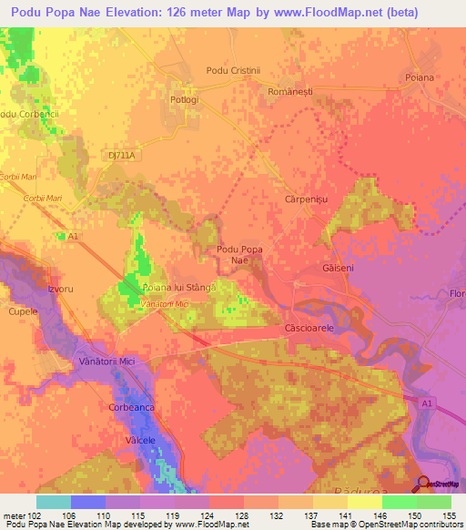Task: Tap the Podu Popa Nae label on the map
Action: [239, 254]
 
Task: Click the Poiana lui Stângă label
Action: [178, 288]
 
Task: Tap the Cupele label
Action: [24, 311]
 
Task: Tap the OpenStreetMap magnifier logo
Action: [421, 483]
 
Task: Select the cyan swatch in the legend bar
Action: [54, 502]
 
